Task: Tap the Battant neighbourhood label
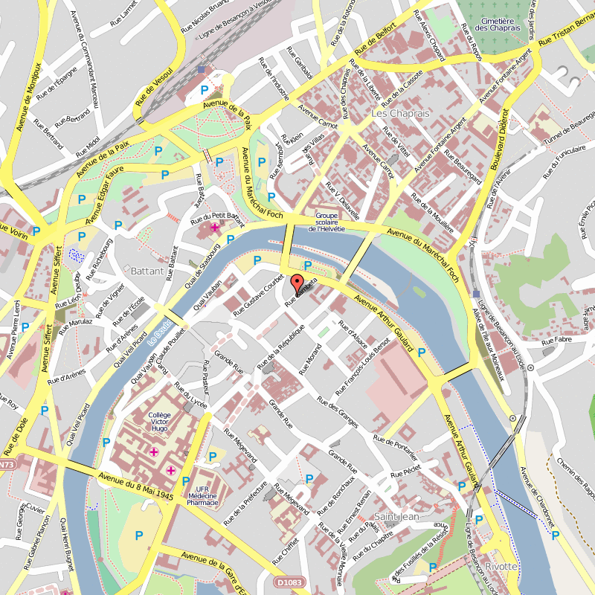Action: click(x=147, y=271)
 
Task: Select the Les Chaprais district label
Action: click(x=400, y=114)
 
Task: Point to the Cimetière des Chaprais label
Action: click(x=497, y=23)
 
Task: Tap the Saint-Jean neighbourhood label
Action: click(x=396, y=516)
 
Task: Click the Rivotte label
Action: click(x=501, y=567)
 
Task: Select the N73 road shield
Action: click(x=7, y=465)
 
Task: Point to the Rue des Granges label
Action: click(x=338, y=412)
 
